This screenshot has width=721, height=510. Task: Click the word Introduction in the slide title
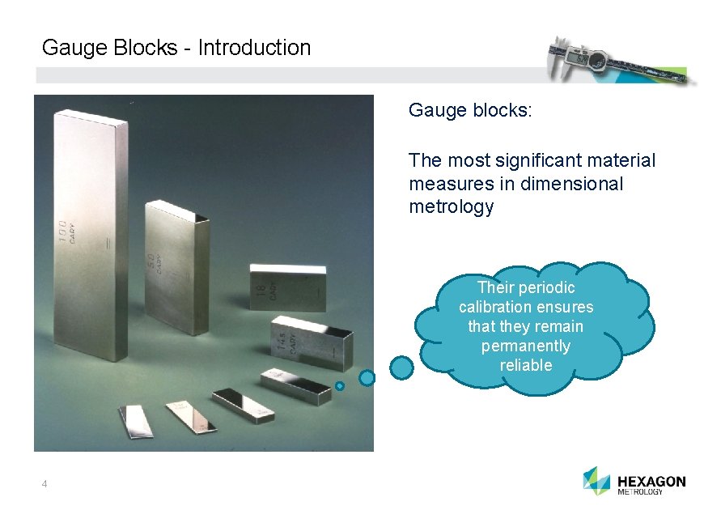pos(254,48)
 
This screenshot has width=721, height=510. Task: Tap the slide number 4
pos(45,484)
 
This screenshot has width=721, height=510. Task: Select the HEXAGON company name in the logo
pos(651,481)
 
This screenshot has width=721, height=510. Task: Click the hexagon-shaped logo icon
pos(596,480)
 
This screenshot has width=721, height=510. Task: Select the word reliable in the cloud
pos(526,365)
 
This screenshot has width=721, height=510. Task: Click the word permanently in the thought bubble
pos(526,346)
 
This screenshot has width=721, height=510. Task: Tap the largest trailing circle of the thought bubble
pos(401,368)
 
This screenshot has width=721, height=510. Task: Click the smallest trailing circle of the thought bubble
pos(340,386)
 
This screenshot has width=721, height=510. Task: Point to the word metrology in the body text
pos(451,206)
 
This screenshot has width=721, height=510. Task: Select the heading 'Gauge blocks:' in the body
pos(470,109)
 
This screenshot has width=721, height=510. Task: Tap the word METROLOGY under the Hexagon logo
pos(640,492)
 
